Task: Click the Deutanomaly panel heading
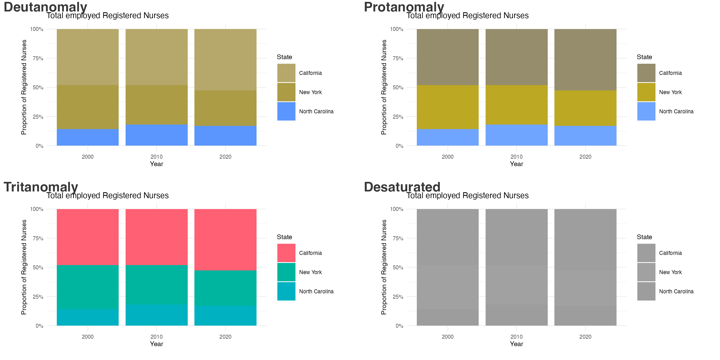click(45, 7)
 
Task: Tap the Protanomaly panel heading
click(404, 7)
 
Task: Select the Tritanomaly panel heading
click(41, 187)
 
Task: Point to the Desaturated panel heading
click(402, 187)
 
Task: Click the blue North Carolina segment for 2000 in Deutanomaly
click(87, 137)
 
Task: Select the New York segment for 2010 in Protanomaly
click(516, 105)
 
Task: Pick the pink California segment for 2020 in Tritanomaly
click(225, 239)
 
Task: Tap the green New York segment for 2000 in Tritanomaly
click(87, 287)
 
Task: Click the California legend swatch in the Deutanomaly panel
click(286, 73)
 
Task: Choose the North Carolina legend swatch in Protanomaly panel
click(646, 111)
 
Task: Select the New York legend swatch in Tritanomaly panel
click(286, 272)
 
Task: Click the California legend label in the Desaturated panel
click(670, 253)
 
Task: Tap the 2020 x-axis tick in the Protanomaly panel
click(585, 157)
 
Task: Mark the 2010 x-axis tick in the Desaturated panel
click(516, 337)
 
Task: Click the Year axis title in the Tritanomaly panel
click(156, 344)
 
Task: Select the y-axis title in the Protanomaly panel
click(384, 87)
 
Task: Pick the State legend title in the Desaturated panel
click(644, 237)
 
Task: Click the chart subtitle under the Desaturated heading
click(467, 195)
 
